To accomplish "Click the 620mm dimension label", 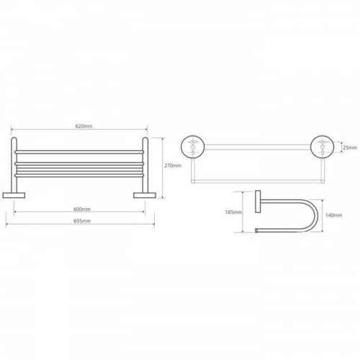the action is (x=84, y=126).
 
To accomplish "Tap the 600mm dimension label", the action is (x=82, y=210).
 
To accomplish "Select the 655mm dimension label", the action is (x=82, y=221).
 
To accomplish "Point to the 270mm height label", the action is (x=173, y=166).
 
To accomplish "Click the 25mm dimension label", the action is (x=350, y=148).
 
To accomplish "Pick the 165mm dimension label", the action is (x=233, y=212).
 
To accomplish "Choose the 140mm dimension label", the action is (x=333, y=215).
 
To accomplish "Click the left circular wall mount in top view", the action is (x=192, y=147).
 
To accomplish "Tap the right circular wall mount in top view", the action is (x=322, y=147).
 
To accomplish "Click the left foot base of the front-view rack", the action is (x=14, y=195).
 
